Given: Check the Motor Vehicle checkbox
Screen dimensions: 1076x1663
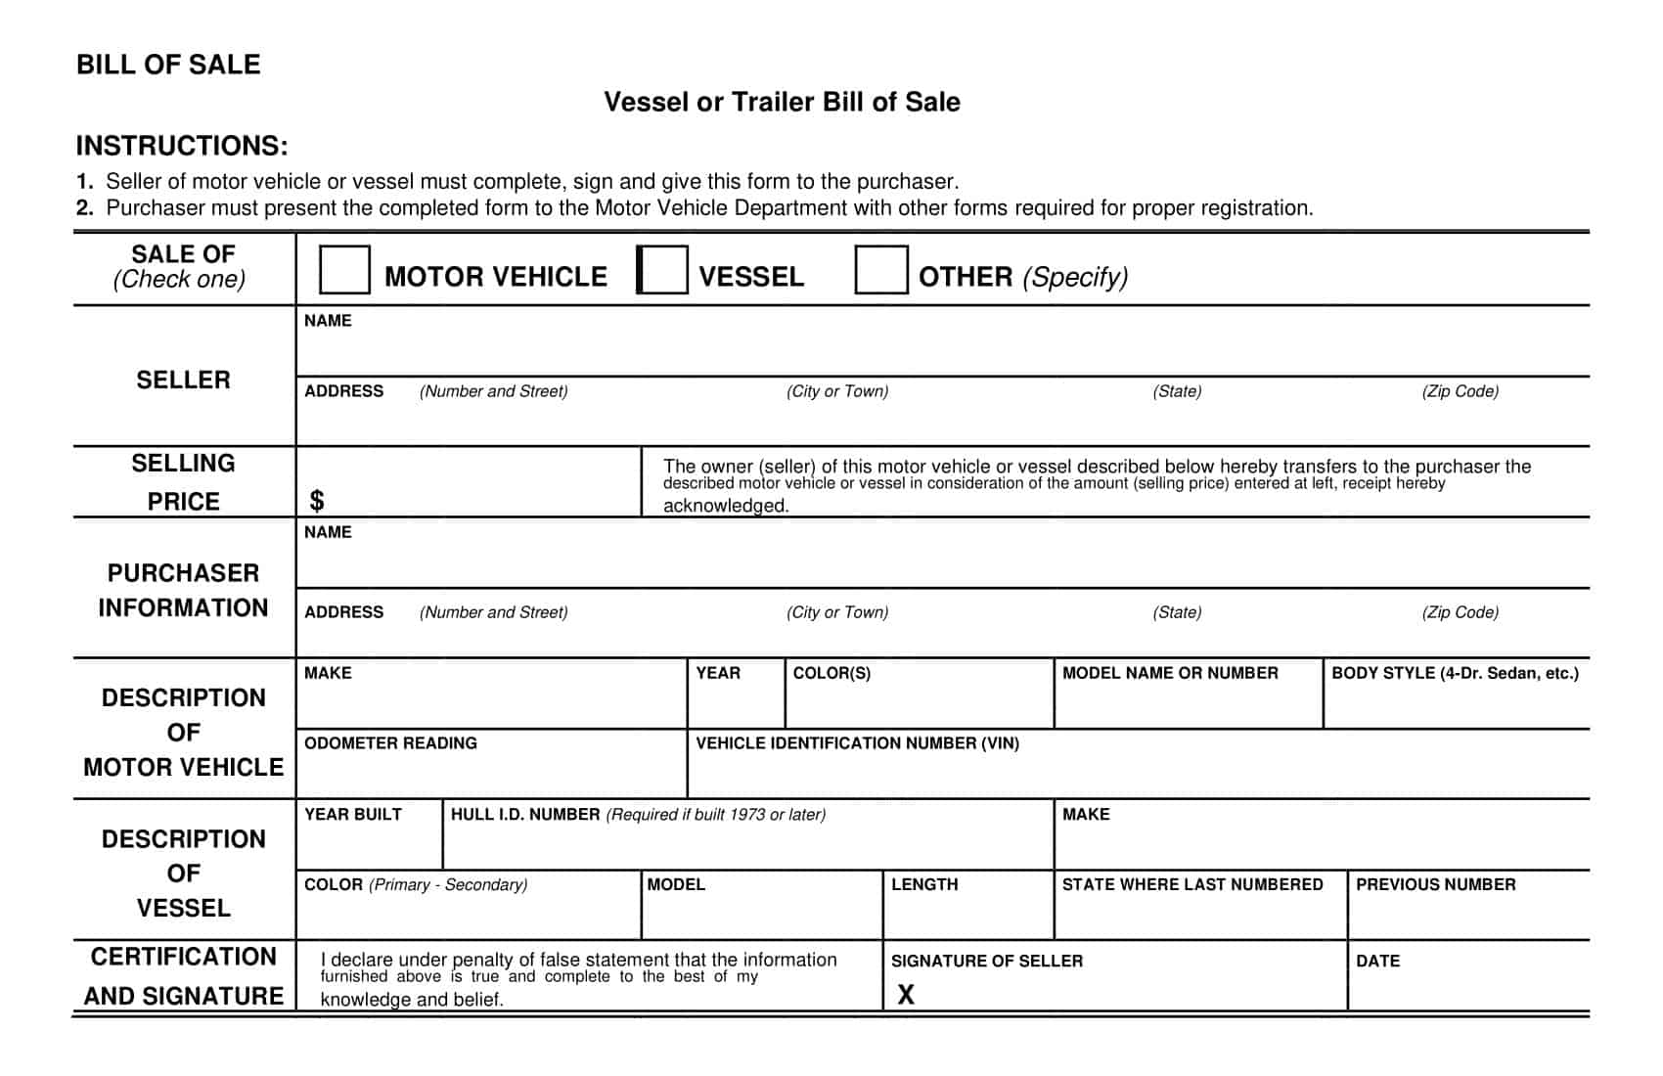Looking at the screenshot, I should [344, 270].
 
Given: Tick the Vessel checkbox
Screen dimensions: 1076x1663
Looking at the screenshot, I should [662, 270].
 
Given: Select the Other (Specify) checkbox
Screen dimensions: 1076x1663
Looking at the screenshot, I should [880, 270].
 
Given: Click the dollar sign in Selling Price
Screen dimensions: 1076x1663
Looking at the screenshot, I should [316, 501].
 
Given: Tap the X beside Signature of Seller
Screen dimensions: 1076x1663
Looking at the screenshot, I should [906, 995].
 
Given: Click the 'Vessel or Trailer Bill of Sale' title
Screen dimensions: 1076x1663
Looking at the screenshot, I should [782, 102].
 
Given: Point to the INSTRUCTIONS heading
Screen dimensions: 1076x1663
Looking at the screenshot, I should [182, 146].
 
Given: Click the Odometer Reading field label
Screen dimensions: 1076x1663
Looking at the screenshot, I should [390, 743].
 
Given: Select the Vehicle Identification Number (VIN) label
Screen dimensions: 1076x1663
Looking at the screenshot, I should [857, 743].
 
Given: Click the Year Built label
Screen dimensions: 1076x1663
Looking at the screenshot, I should [352, 815].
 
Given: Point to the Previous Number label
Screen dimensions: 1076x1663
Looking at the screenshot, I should [1435, 884].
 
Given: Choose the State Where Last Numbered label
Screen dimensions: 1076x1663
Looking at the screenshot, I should [1192, 884].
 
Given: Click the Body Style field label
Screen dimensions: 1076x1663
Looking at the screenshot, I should [1455, 673].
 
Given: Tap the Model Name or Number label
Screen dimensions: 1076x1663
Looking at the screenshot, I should [1170, 673].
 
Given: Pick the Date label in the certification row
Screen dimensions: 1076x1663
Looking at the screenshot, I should [1377, 962].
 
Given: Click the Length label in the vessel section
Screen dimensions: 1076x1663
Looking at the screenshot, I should [924, 884].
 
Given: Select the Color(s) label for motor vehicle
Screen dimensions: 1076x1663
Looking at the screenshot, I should [831, 673].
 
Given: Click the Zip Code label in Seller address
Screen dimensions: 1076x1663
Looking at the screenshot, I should [1460, 391].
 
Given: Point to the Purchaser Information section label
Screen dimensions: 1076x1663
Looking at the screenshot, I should [183, 590].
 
